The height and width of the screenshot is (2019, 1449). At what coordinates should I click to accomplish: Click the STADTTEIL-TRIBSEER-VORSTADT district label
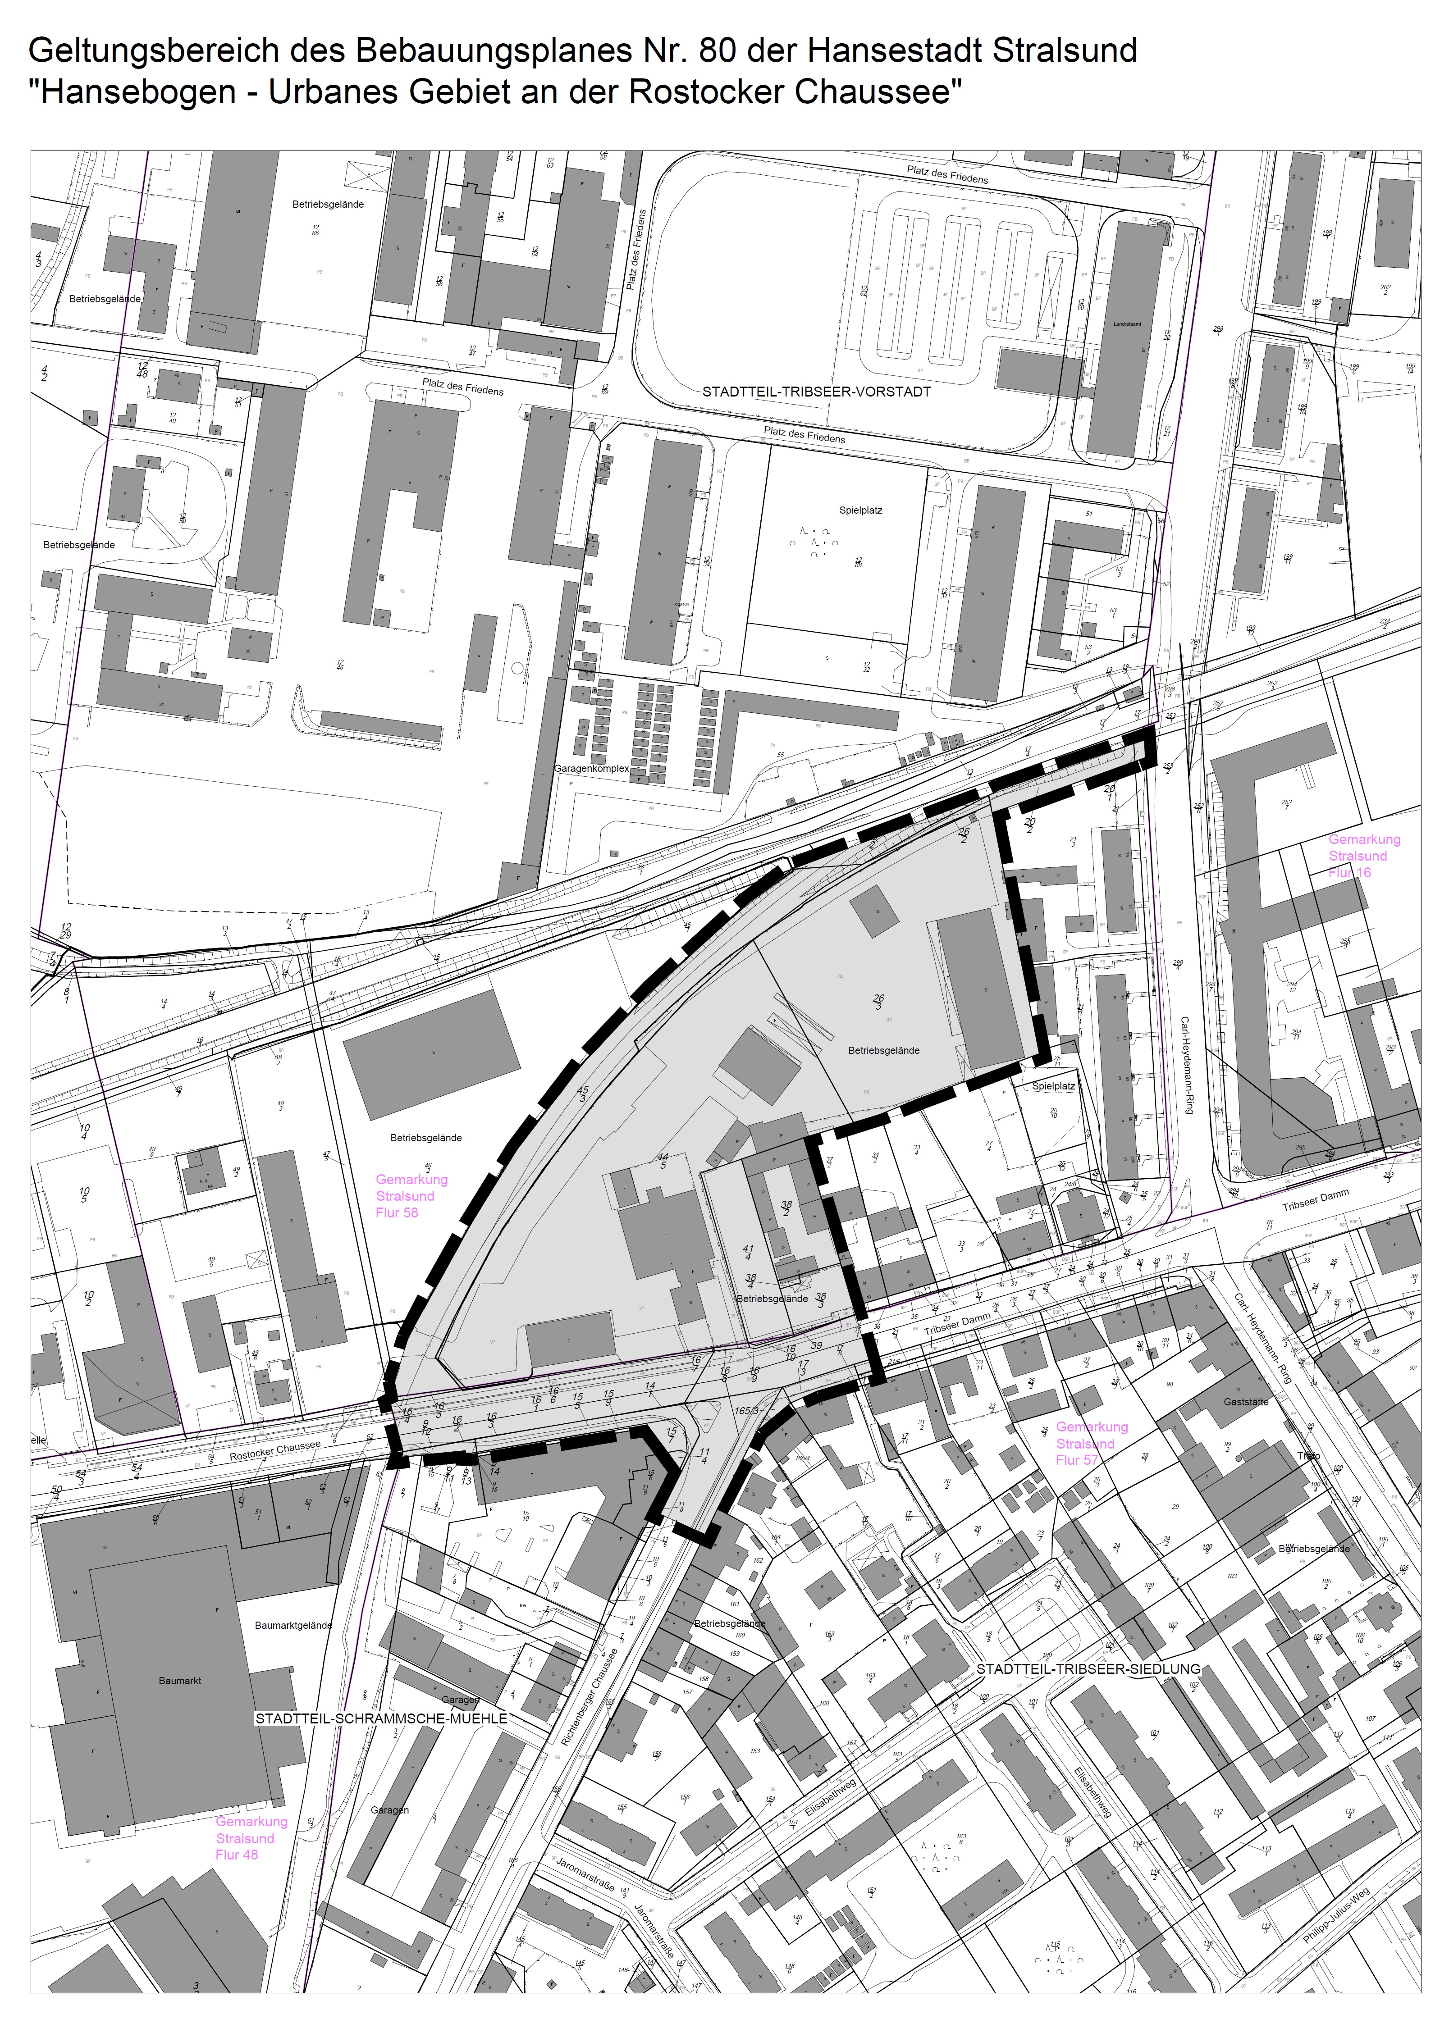click(816, 392)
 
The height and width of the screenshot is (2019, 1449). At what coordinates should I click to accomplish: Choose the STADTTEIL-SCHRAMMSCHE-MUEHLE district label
click(381, 1718)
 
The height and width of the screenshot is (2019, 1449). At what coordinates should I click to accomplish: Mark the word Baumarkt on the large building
click(180, 1681)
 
